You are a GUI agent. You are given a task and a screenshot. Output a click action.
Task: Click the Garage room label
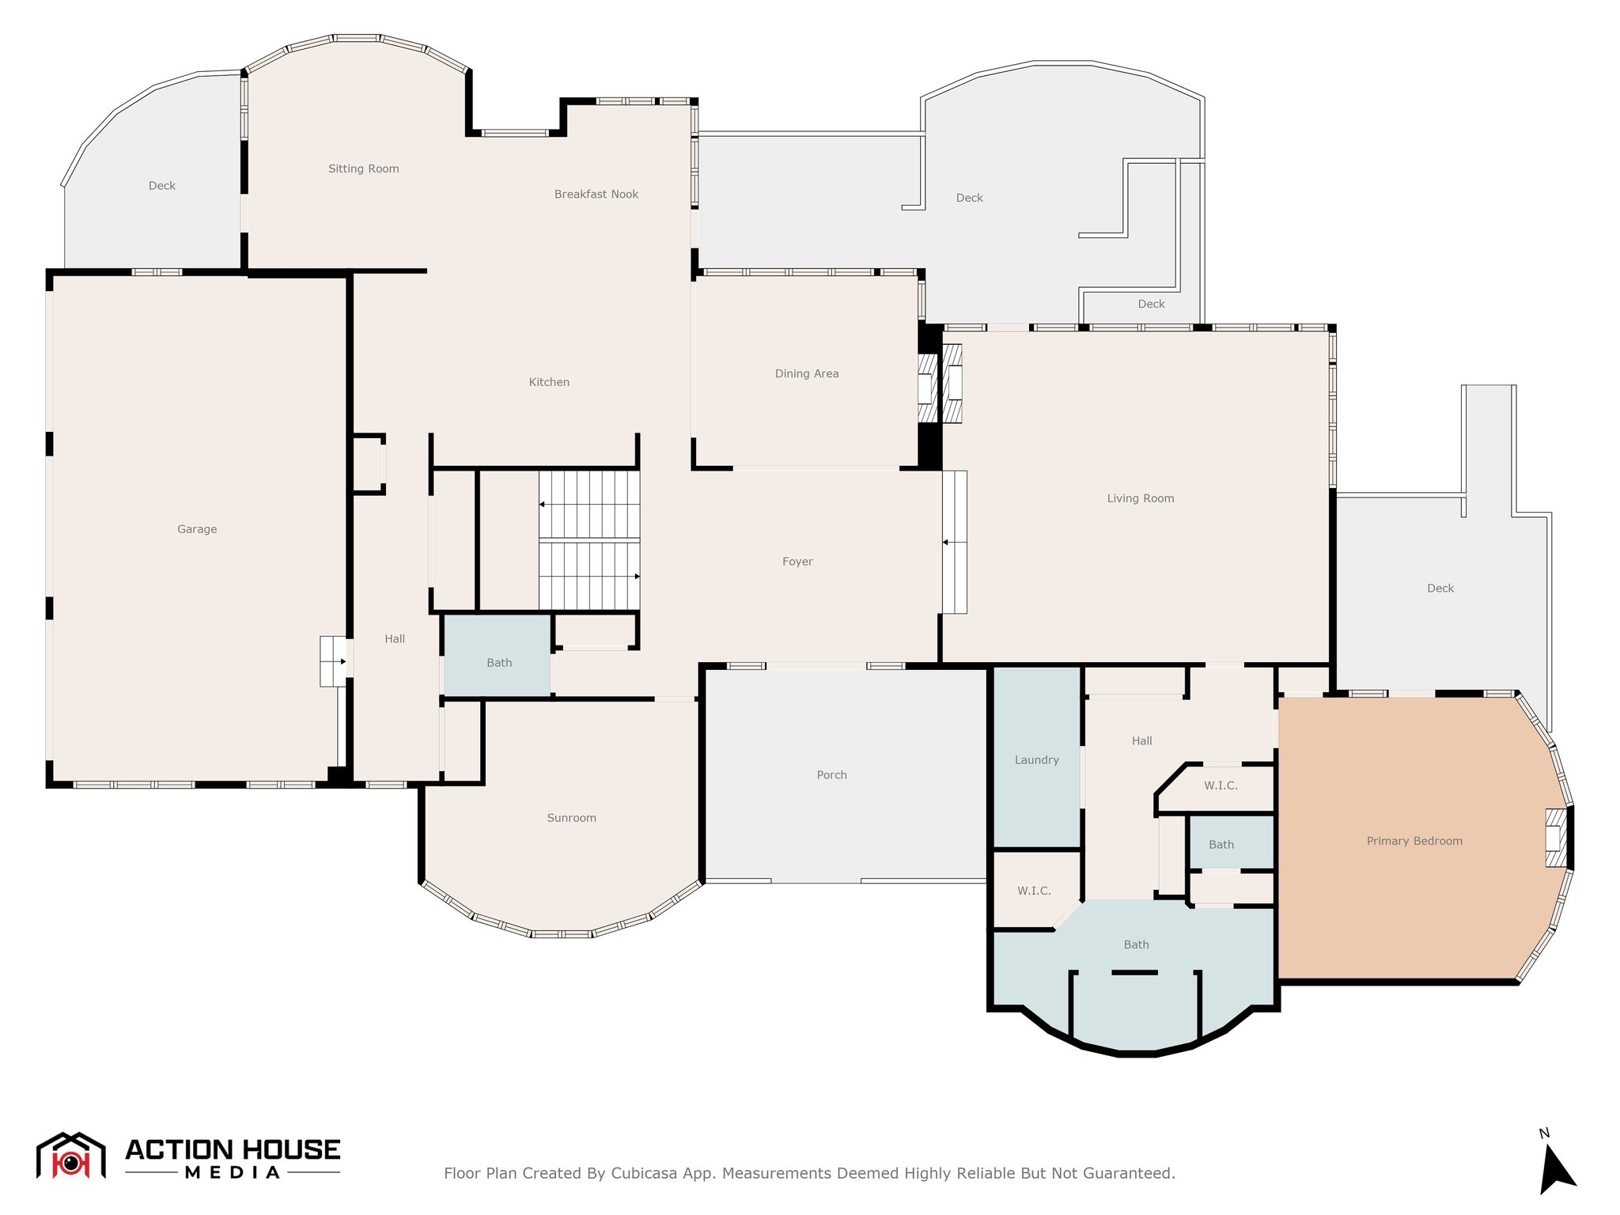coord(197,529)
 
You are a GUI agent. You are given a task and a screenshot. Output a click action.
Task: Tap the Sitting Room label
coord(364,168)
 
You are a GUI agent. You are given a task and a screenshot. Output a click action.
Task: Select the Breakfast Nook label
coord(596,194)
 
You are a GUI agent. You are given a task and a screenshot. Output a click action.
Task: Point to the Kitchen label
coord(549,382)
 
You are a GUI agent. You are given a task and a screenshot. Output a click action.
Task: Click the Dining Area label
coord(807,373)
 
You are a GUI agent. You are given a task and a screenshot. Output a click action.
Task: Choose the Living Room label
coord(1141,498)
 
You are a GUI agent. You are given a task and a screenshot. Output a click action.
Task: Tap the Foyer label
coord(797,562)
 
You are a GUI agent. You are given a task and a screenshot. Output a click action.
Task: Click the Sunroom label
coord(572,818)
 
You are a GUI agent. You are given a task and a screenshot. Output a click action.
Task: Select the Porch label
coord(832,775)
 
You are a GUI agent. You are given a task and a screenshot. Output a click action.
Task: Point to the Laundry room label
coord(1037,760)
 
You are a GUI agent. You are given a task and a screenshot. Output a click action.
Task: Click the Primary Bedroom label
coord(1414,841)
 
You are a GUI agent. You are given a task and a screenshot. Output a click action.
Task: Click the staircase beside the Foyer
coord(589,541)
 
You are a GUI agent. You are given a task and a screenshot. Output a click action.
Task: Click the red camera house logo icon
coord(71,1156)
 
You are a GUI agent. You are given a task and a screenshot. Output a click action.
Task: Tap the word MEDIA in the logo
coord(233,1172)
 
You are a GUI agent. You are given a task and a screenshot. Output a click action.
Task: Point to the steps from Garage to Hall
coord(333,661)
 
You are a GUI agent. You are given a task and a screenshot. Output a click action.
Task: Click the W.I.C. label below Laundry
coord(1034,891)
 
